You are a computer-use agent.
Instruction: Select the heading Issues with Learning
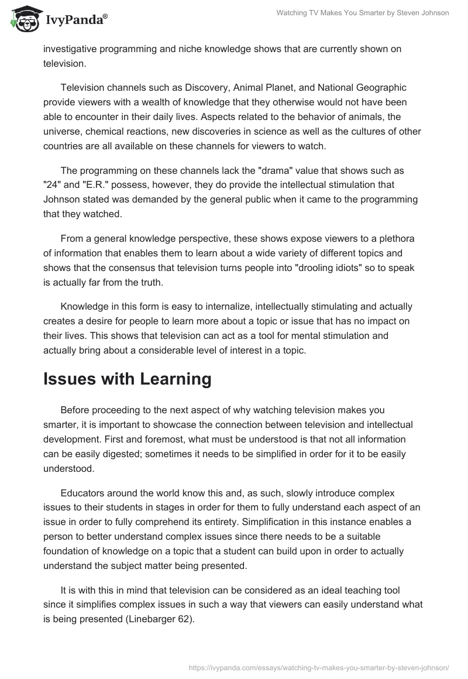coord(127,379)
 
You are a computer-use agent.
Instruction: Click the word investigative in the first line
coord(73,49)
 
